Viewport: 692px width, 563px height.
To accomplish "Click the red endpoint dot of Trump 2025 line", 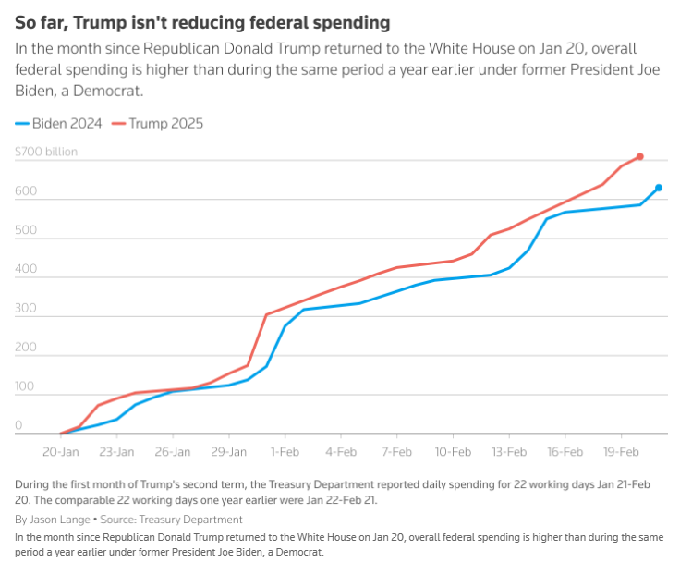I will [x=639, y=157].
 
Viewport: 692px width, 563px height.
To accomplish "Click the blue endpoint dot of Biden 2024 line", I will [x=659, y=188].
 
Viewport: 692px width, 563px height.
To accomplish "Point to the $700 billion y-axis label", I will [x=46, y=152].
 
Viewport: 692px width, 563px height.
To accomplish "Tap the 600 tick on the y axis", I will [x=25, y=191].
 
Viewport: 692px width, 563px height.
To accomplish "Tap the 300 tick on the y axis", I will [x=25, y=308].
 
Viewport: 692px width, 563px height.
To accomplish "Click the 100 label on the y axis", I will [x=25, y=386].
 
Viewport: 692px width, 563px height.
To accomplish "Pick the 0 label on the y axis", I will [x=18, y=425].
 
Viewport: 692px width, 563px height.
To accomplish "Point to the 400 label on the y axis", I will [x=25, y=269].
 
